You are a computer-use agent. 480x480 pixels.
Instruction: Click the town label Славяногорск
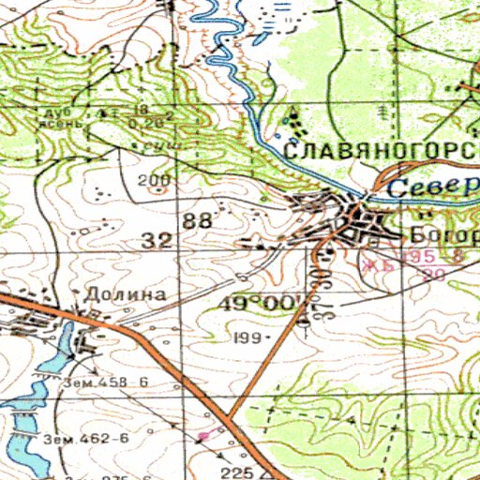click(381, 151)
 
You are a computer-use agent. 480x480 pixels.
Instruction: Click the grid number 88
click(198, 221)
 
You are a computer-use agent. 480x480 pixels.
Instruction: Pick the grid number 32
click(157, 241)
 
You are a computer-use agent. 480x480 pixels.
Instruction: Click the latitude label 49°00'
click(262, 305)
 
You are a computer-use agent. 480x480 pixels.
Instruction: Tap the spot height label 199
click(248, 335)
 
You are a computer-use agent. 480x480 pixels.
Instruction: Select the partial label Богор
click(444, 233)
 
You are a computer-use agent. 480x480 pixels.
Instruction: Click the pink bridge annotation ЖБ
click(376, 265)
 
